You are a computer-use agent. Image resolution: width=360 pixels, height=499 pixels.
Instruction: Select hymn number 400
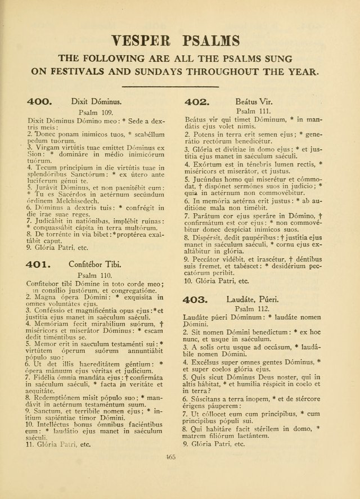(x=39, y=102)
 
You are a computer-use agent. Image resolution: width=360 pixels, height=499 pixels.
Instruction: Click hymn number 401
(x=39, y=264)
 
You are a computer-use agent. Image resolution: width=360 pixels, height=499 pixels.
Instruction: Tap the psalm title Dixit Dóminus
(x=96, y=102)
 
